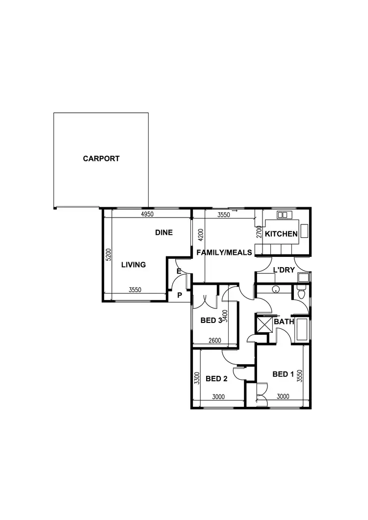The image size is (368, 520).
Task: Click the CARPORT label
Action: coord(101,159)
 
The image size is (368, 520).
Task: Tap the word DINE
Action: coord(164,232)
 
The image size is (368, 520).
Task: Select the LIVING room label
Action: coord(133,265)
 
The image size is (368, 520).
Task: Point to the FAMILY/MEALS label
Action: coord(224,252)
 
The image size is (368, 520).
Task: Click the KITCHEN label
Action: coord(281,234)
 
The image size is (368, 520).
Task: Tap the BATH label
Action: coord(284,322)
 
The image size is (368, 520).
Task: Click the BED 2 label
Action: coord(216,378)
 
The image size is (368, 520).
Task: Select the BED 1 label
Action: coord(283,374)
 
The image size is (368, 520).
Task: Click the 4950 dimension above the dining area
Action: coord(148,214)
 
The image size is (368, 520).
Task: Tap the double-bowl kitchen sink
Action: coord(283,215)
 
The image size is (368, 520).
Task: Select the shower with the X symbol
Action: coord(264,323)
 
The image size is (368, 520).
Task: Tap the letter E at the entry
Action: coord(179,271)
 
